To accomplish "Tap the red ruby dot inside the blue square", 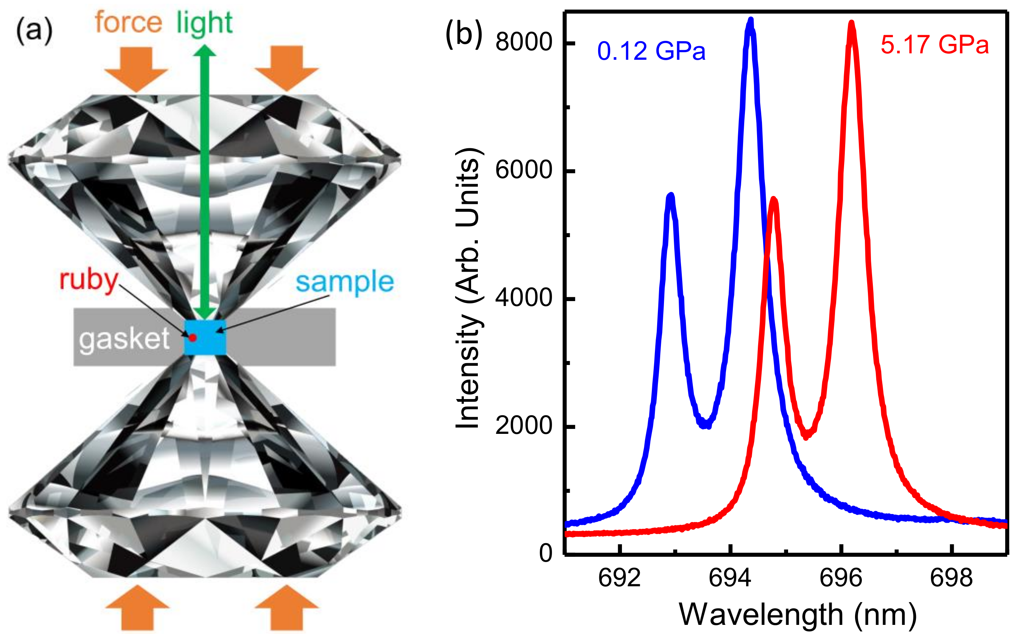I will [193, 338].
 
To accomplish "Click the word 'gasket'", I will [124, 339].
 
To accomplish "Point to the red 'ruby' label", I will [89, 281].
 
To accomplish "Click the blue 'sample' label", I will [344, 282].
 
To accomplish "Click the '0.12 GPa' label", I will [651, 51].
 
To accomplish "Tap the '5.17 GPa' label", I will [934, 45].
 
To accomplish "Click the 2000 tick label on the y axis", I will [524, 426].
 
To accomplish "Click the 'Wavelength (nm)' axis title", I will [798, 615].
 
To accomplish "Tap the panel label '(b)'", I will [463, 34].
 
